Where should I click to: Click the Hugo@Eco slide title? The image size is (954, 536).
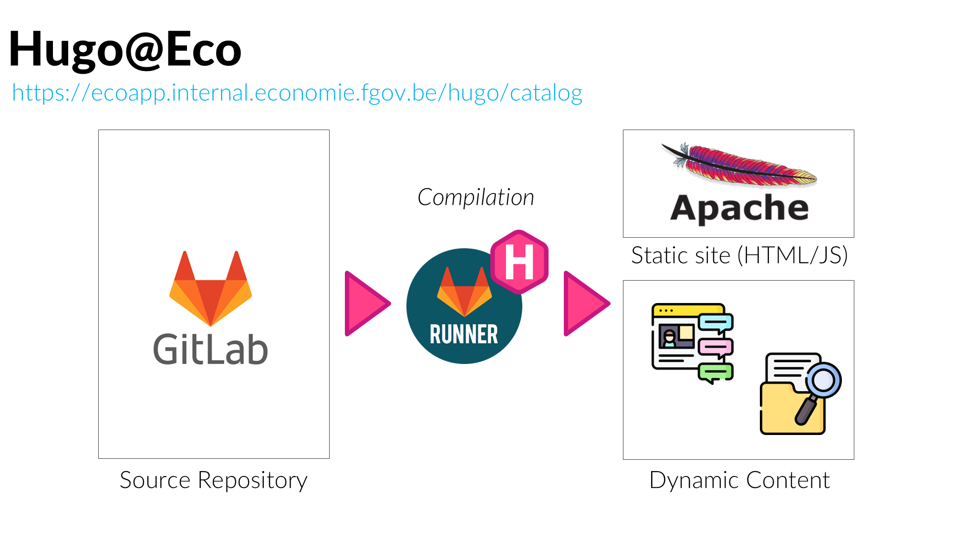tap(125, 49)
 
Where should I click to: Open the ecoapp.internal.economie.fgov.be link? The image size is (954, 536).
tap(297, 92)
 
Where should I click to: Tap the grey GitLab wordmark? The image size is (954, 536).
tap(210, 349)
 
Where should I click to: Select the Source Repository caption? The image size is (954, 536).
tap(213, 480)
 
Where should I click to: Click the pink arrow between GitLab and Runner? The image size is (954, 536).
tap(365, 303)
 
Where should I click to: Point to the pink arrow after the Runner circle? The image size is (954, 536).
tap(584, 303)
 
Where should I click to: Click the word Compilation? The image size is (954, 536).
tap(476, 197)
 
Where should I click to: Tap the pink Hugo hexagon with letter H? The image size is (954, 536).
tap(519, 262)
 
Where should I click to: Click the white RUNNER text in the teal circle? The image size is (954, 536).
tap(464, 334)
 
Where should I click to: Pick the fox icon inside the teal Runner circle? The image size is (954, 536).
tap(464, 292)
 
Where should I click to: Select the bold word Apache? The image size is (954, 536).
tap(739, 208)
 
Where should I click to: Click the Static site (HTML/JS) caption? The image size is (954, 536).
tap(739, 255)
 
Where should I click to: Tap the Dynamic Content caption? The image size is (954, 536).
tap(739, 480)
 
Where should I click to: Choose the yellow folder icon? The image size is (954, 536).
tap(782, 410)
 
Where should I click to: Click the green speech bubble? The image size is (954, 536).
tap(715, 372)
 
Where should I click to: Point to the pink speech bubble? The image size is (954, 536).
tap(715, 346)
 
